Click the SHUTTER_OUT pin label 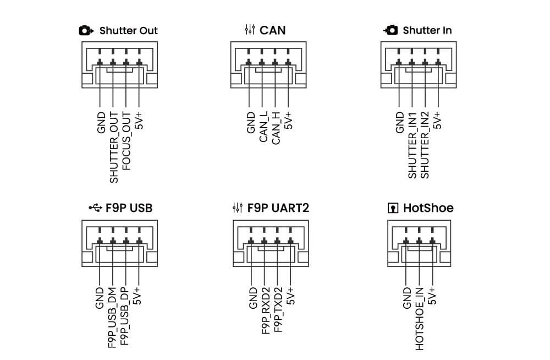(114, 147)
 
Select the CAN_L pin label (263, 127)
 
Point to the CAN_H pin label (277, 127)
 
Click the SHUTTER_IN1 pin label (413, 144)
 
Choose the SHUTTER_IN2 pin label (425, 144)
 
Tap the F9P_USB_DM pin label (112, 318)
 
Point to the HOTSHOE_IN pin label (420, 318)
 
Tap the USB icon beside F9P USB (95, 208)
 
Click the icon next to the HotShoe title (393, 208)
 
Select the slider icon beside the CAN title (250, 30)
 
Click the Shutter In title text (427, 30)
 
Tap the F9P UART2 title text (278, 208)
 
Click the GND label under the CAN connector (251, 122)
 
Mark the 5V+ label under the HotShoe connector (433, 296)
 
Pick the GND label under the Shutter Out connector (101, 122)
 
